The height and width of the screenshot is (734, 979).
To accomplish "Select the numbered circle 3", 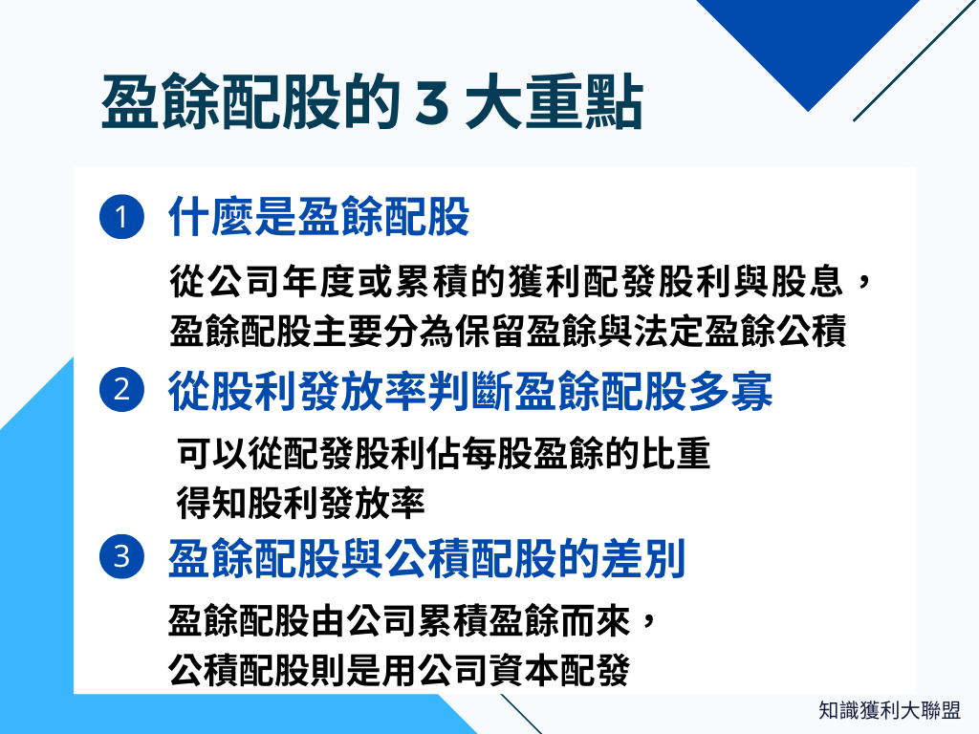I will point(120,558).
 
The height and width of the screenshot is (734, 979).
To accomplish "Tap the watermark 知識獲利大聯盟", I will point(889,711).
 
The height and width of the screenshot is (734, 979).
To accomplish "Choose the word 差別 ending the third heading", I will point(654,560).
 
